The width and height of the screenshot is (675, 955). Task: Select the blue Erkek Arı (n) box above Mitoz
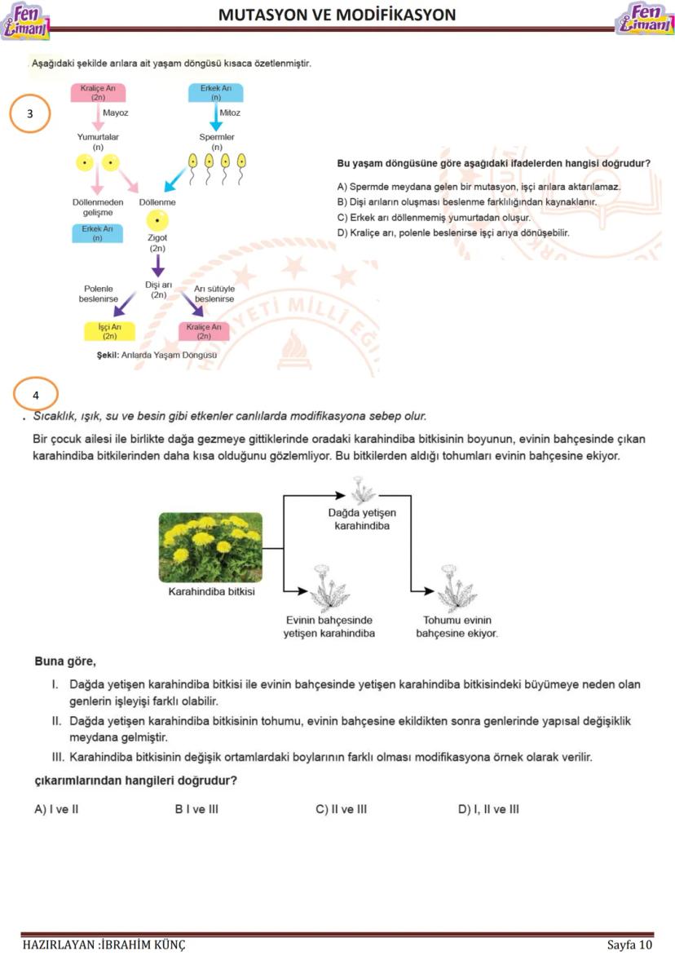[x=216, y=91]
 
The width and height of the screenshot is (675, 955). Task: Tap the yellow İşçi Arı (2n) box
[x=110, y=331]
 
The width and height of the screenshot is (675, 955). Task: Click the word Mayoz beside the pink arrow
[x=115, y=113]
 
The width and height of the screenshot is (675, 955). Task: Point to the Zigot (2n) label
[x=157, y=243]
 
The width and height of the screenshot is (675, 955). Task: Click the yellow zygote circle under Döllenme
[x=157, y=219]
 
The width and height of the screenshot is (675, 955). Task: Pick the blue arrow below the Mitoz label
[x=216, y=119]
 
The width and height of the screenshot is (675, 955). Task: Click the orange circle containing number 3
[x=30, y=114]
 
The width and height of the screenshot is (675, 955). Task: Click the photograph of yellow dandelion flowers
[x=210, y=547]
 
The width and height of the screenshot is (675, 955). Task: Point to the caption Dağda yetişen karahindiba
[x=362, y=520]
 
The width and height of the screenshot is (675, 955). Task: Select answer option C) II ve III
[x=341, y=810]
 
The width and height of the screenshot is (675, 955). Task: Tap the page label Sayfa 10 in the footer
[x=629, y=944]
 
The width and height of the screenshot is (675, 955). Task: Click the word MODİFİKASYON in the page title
[x=394, y=15]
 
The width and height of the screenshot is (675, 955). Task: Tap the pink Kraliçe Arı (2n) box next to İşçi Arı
[x=204, y=331]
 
